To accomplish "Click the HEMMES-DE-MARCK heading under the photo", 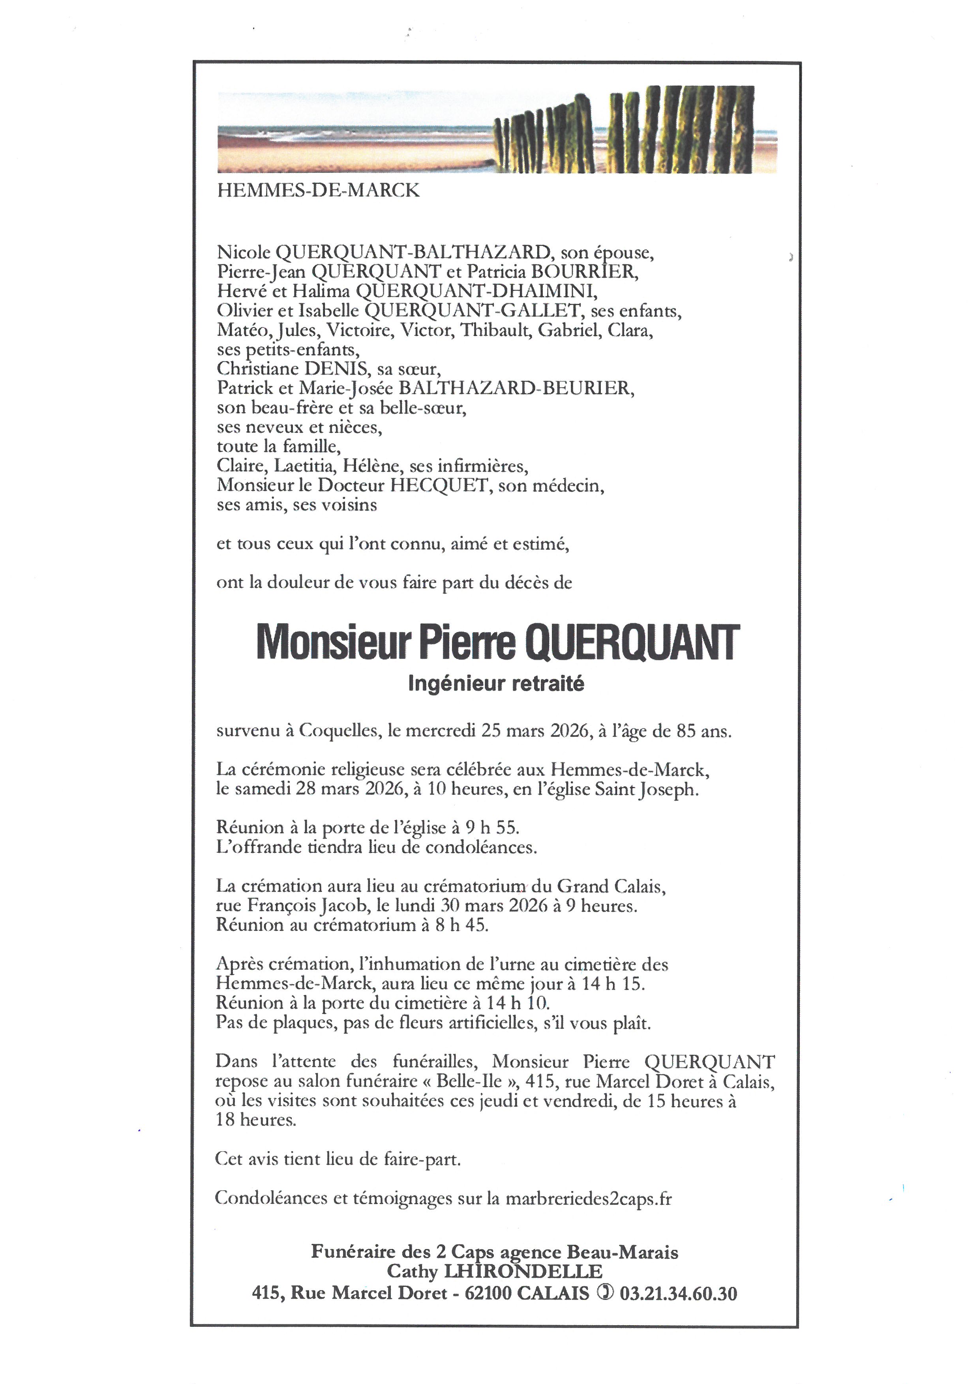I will (318, 191).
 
